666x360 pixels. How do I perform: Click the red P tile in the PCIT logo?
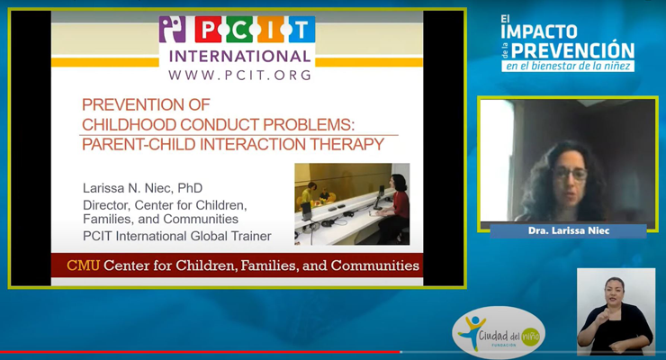pyautogui.click(x=208, y=30)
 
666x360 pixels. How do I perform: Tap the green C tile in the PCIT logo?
pyautogui.click(x=239, y=30)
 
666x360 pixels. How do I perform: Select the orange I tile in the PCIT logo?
pyautogui.click(x=271, y=30)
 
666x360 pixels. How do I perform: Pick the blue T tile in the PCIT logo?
pyautogui.click(x=301, y=30)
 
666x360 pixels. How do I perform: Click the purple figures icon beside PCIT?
pyautogui.click(x=173, y=30)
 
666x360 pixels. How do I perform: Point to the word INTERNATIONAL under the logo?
pyautogui.click(x=239, y=57)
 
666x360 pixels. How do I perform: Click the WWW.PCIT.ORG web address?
pyautogui.click(x=239, y=75)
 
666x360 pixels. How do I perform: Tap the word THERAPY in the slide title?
pyautogui.click(x=346, y=144)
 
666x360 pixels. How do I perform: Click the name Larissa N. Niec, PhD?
pyautogui.click(x=143, y=188)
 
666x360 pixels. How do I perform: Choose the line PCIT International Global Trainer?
pyautogui.click(x=176, y=236)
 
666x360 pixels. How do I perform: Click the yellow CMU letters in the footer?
pyautogui.click(x=83, y=265)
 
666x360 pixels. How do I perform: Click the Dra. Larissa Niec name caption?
pyautogui.click(x=568, y=230)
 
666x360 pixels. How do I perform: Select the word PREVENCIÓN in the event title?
pyautogui.click(x=572, y=50)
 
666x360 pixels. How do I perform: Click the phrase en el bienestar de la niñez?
pyautogui.click(x=568, y=67)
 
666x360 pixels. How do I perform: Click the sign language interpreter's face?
pyautogui.click(x=614, y=292)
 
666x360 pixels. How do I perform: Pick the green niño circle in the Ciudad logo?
pyautogui.click(x=530, y=337)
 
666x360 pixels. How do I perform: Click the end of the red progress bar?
pyautogui.click(x=400, y=352)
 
